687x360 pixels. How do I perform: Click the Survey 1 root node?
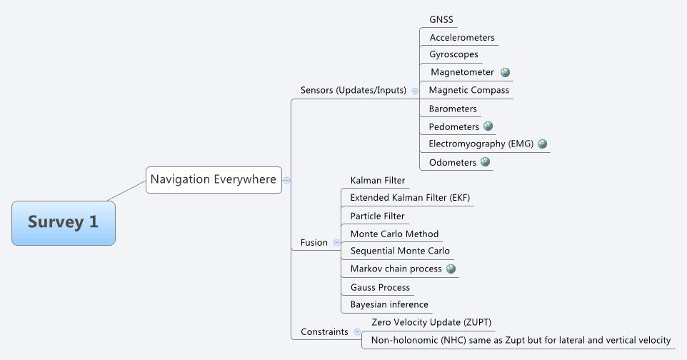[x=63, y=222]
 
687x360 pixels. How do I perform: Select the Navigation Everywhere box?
[x=213, y=179]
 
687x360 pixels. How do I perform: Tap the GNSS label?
[x=441, y=19]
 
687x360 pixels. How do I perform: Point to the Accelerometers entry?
[x=461, y=37]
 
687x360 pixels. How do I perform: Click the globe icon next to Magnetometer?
[x=505, y=72]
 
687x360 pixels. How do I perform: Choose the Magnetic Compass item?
[x=468, y=90]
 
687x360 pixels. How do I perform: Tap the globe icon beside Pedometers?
[x=488, y=126]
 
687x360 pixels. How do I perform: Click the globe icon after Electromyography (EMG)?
[x=542, y=144]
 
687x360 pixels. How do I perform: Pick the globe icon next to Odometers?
[x=485, y=162]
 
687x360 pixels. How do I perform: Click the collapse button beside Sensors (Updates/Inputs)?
[x=415, y=91]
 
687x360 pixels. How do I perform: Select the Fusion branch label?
[x=314, y=242]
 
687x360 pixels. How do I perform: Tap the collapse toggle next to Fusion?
[x=336, y=243]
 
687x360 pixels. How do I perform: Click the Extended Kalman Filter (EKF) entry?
[x=410, y=198]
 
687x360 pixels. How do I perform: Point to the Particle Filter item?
[x=377, y=216]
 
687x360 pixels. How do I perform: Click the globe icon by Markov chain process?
[x=451, y=269]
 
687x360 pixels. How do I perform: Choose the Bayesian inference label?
[x=389, y=305]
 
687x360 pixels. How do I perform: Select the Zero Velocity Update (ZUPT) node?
[x=431, y=322]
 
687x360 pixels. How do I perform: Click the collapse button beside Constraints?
[x=357, y=332]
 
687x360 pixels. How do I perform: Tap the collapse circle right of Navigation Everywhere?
[x=286, y=180]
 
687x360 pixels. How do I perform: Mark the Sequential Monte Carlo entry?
[x=400, y=251]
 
